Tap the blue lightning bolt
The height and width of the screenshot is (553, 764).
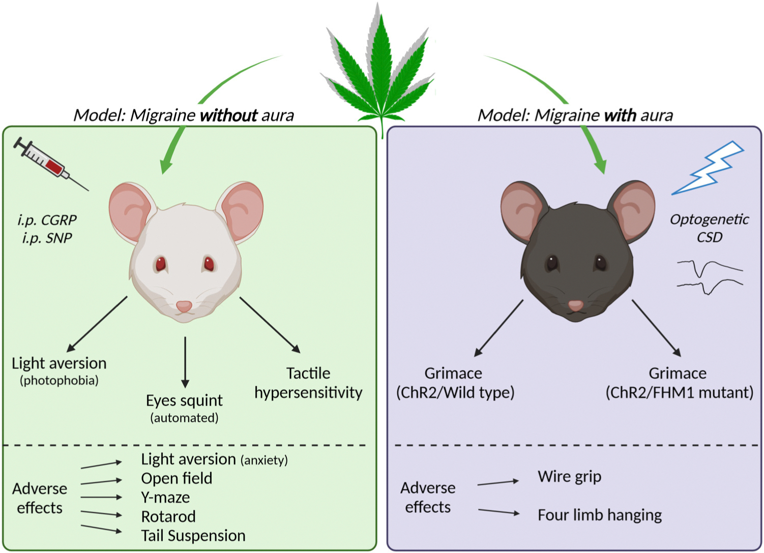(x=709, y=168)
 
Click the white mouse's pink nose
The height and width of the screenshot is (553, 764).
(x=184, y=306)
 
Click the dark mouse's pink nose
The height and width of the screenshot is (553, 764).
(x=575, y=305)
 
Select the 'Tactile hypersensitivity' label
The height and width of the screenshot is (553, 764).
(x=308, y=383)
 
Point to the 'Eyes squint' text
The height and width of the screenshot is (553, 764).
(x=184, y=401)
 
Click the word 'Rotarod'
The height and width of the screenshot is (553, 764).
(x=168, y=516)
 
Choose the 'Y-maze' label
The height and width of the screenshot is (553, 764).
(x=165, y=497)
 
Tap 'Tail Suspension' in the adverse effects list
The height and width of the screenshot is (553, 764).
(x=193, y=536)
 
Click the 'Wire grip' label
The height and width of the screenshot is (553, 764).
(x=569, y=477)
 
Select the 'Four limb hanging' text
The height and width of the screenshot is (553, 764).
(x=600, y=515)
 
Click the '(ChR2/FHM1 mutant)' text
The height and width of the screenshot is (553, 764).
(x=679, y=392)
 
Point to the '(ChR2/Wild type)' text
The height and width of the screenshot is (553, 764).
(x=455, y=392)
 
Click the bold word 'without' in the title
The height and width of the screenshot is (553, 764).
(x=228, y=115)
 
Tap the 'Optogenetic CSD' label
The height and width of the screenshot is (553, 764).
(x=709, y=228)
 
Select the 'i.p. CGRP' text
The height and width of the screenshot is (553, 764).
(x=47, y=220)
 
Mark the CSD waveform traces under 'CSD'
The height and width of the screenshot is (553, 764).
(x=710, y=276)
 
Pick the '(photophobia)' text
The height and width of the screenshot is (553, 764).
(x=59, y=380)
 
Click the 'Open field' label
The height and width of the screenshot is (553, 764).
(x=177, y=478)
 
